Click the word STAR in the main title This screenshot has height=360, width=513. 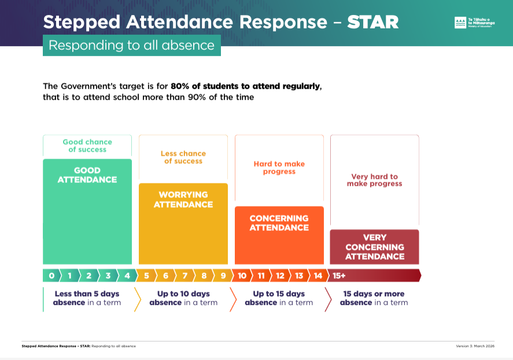click(372, 22)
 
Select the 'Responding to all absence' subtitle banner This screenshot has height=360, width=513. click(131, 45)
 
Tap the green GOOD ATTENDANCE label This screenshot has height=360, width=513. click(87, 175)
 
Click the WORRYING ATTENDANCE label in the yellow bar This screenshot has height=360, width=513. click(183, 200)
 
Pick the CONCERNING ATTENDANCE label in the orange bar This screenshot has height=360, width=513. click(279, 223)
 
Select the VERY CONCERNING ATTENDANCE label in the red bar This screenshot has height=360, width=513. click(374, 247)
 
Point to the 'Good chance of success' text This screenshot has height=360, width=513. click(87, 145)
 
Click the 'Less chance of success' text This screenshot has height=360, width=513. click(183, 157)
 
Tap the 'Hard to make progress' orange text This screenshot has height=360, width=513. click(279, 167)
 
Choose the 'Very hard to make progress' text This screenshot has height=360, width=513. click(374, 180)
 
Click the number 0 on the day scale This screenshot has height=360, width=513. click(51, 275)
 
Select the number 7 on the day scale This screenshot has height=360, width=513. click(184, 275)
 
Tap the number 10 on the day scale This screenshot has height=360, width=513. click(242, 275)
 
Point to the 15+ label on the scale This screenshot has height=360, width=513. click(339, 275)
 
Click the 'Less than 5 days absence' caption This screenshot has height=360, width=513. click(87, 298)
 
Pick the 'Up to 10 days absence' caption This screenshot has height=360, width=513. click(183, 298)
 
